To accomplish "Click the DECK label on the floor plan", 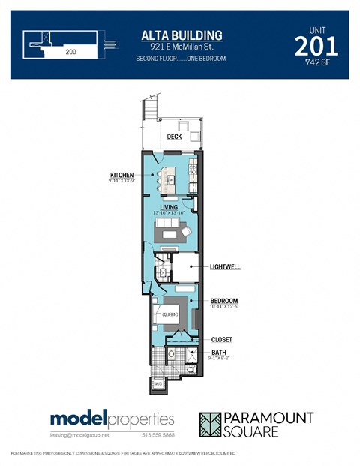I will point(174,137).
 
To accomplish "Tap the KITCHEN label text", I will point(122,175).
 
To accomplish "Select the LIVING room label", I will point(169,206).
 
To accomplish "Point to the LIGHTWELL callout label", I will point(225,266).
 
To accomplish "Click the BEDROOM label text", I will point(224,302).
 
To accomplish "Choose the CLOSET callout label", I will point(221,340).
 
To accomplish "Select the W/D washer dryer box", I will point(159,384).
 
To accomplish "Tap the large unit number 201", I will point(316,46).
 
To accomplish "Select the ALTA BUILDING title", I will point(181,35).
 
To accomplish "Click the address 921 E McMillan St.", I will point(181,47).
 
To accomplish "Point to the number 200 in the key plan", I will point(70,52).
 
